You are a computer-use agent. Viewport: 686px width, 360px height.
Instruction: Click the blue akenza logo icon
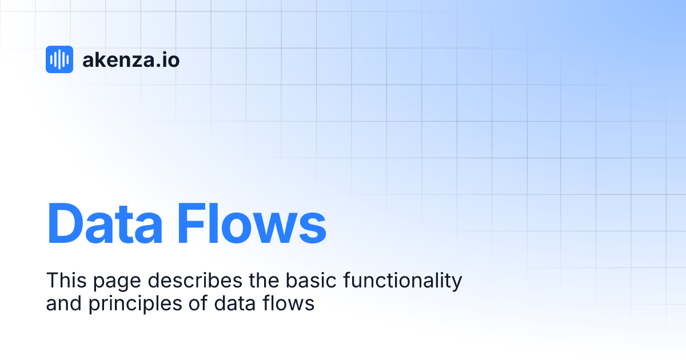click(59, 59)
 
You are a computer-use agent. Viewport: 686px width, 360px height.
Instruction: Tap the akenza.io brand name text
click(131, 59)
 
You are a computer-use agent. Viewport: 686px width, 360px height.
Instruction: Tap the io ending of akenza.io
click(171, 59)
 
